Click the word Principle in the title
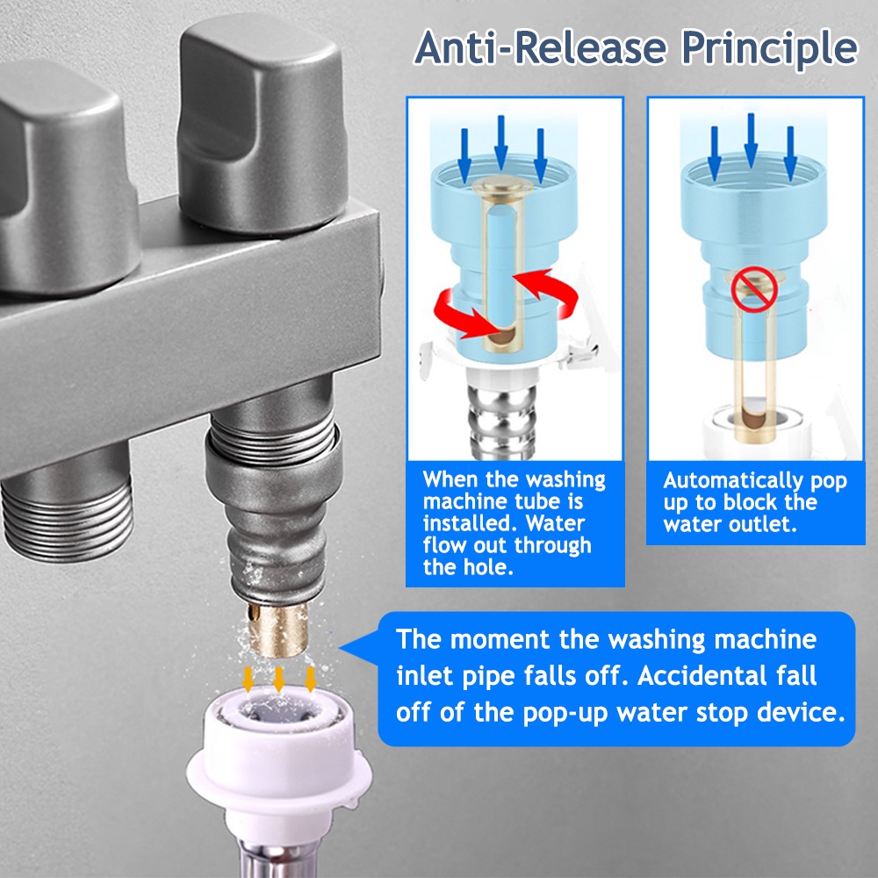pyautogui.click(x=770, y=49)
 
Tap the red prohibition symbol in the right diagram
pyautogui.click(x=753, y=289)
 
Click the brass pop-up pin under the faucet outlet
pyautogui.click(x=278, y=629)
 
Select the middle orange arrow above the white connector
pyautogui.click(x=279, y=679)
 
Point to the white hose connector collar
pyautogui.click(x=279, y=751)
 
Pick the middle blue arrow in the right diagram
pyautogui.click(x=751, y=140)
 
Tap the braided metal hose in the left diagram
pyautogui.click(x=501, y=415)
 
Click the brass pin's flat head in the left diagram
pyautogui.click(x=501, y=183)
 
